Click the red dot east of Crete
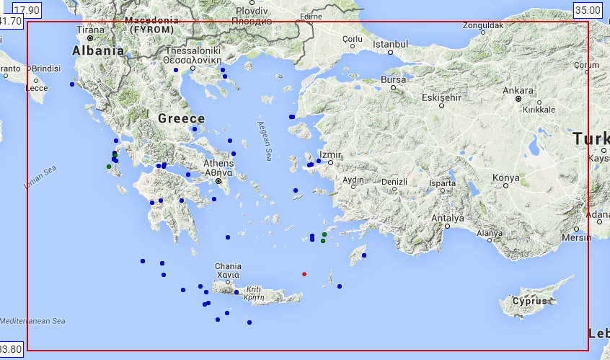(304, 274)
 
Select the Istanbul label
(391, 44)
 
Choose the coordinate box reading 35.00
(587, 9)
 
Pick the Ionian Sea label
(40, 177)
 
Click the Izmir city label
(330, 154)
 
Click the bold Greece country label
(181, 118)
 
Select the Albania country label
(98, 51)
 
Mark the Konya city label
(505, 177)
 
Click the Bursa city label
(393, 79)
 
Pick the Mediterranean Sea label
(32, 321)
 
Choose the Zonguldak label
(483, 25)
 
